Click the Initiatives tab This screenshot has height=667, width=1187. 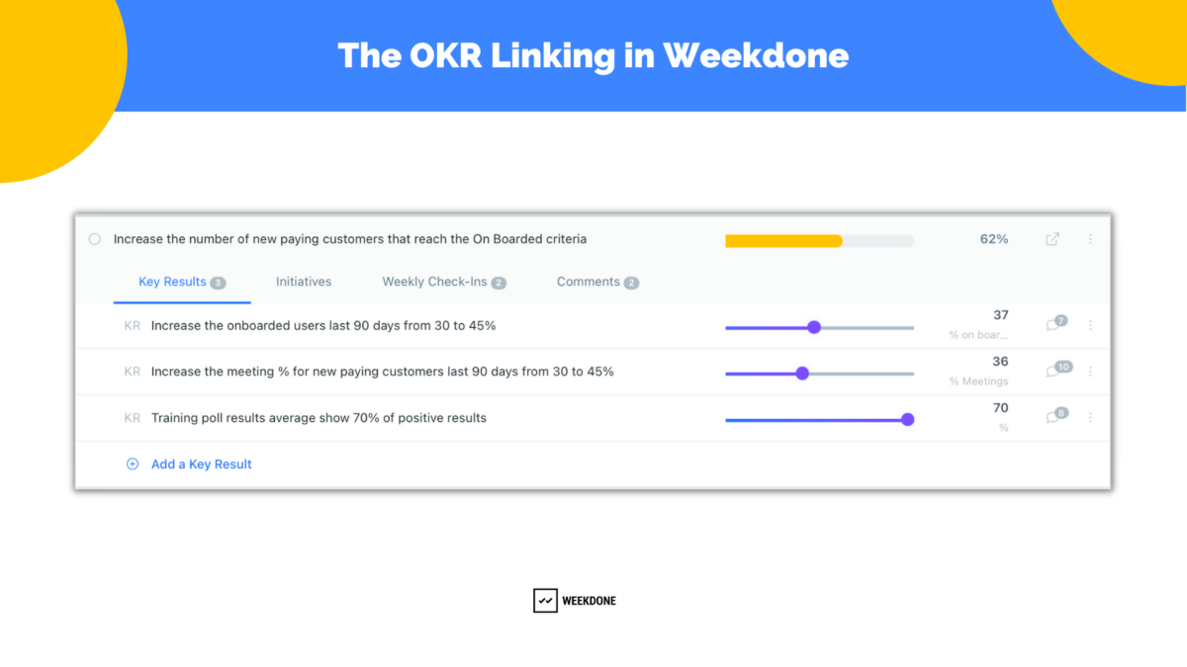coord(304,283)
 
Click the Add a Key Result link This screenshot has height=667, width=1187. coord(202,464)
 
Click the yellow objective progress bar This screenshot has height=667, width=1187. coord(783,240)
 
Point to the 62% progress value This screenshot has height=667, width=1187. coord(994,239)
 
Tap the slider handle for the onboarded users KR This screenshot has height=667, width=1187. coord(814,327)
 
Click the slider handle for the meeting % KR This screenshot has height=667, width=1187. coord(802,374)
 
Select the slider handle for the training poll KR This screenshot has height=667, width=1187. coord(908,420)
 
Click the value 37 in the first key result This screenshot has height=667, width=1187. coord(1000,315)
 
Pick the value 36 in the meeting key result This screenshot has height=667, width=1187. coord(1000,362)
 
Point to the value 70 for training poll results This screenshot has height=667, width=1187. coord(1000,408)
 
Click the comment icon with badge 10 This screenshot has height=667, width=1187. coord(1056,371)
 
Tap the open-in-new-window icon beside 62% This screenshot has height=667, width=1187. coord(1052,239)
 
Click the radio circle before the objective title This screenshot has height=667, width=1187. coord(95,239)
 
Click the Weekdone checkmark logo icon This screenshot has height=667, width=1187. coord(545,601)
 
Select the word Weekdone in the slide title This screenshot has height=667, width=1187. coord(756,55)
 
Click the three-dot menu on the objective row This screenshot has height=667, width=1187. coord(1091,239)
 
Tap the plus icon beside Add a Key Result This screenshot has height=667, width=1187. coord(133,464)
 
